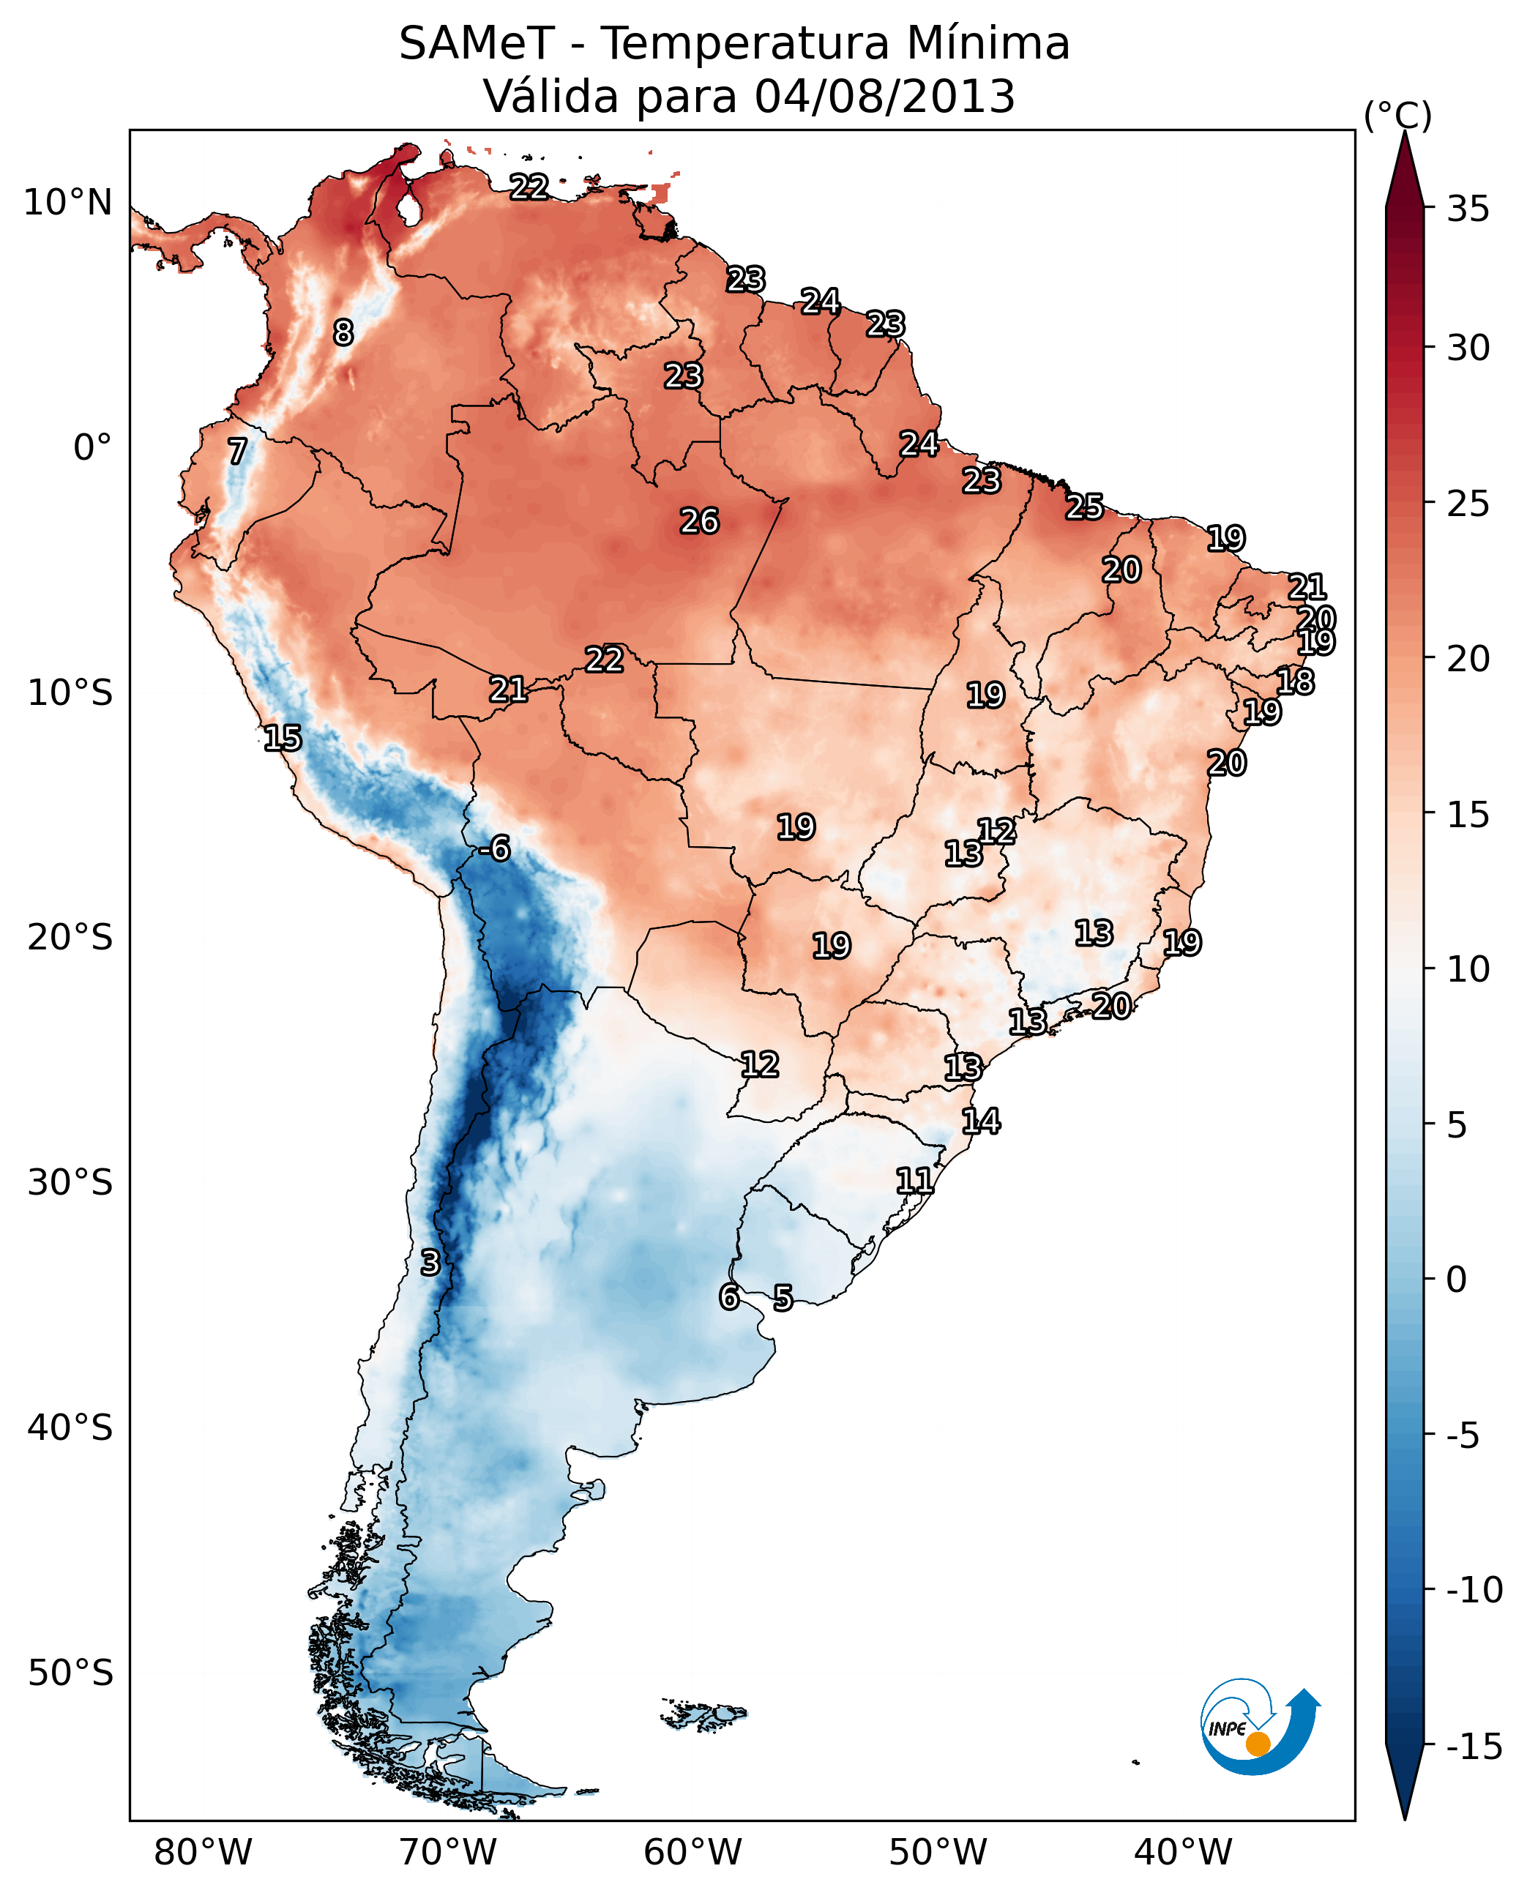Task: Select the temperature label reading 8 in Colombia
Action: coord(343,332)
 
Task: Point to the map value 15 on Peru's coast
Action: coord(283,738)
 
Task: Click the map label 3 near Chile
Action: coord(429,1262)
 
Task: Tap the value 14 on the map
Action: coord(981,1121)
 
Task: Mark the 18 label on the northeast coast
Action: coord(1295,681)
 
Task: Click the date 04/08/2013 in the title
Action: coord(885,97)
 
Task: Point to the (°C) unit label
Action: coord(1397,115)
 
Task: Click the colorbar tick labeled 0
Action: coord(1457,1280)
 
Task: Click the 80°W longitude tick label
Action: coord(204,1852)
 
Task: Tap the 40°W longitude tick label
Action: coord(1183,1852)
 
